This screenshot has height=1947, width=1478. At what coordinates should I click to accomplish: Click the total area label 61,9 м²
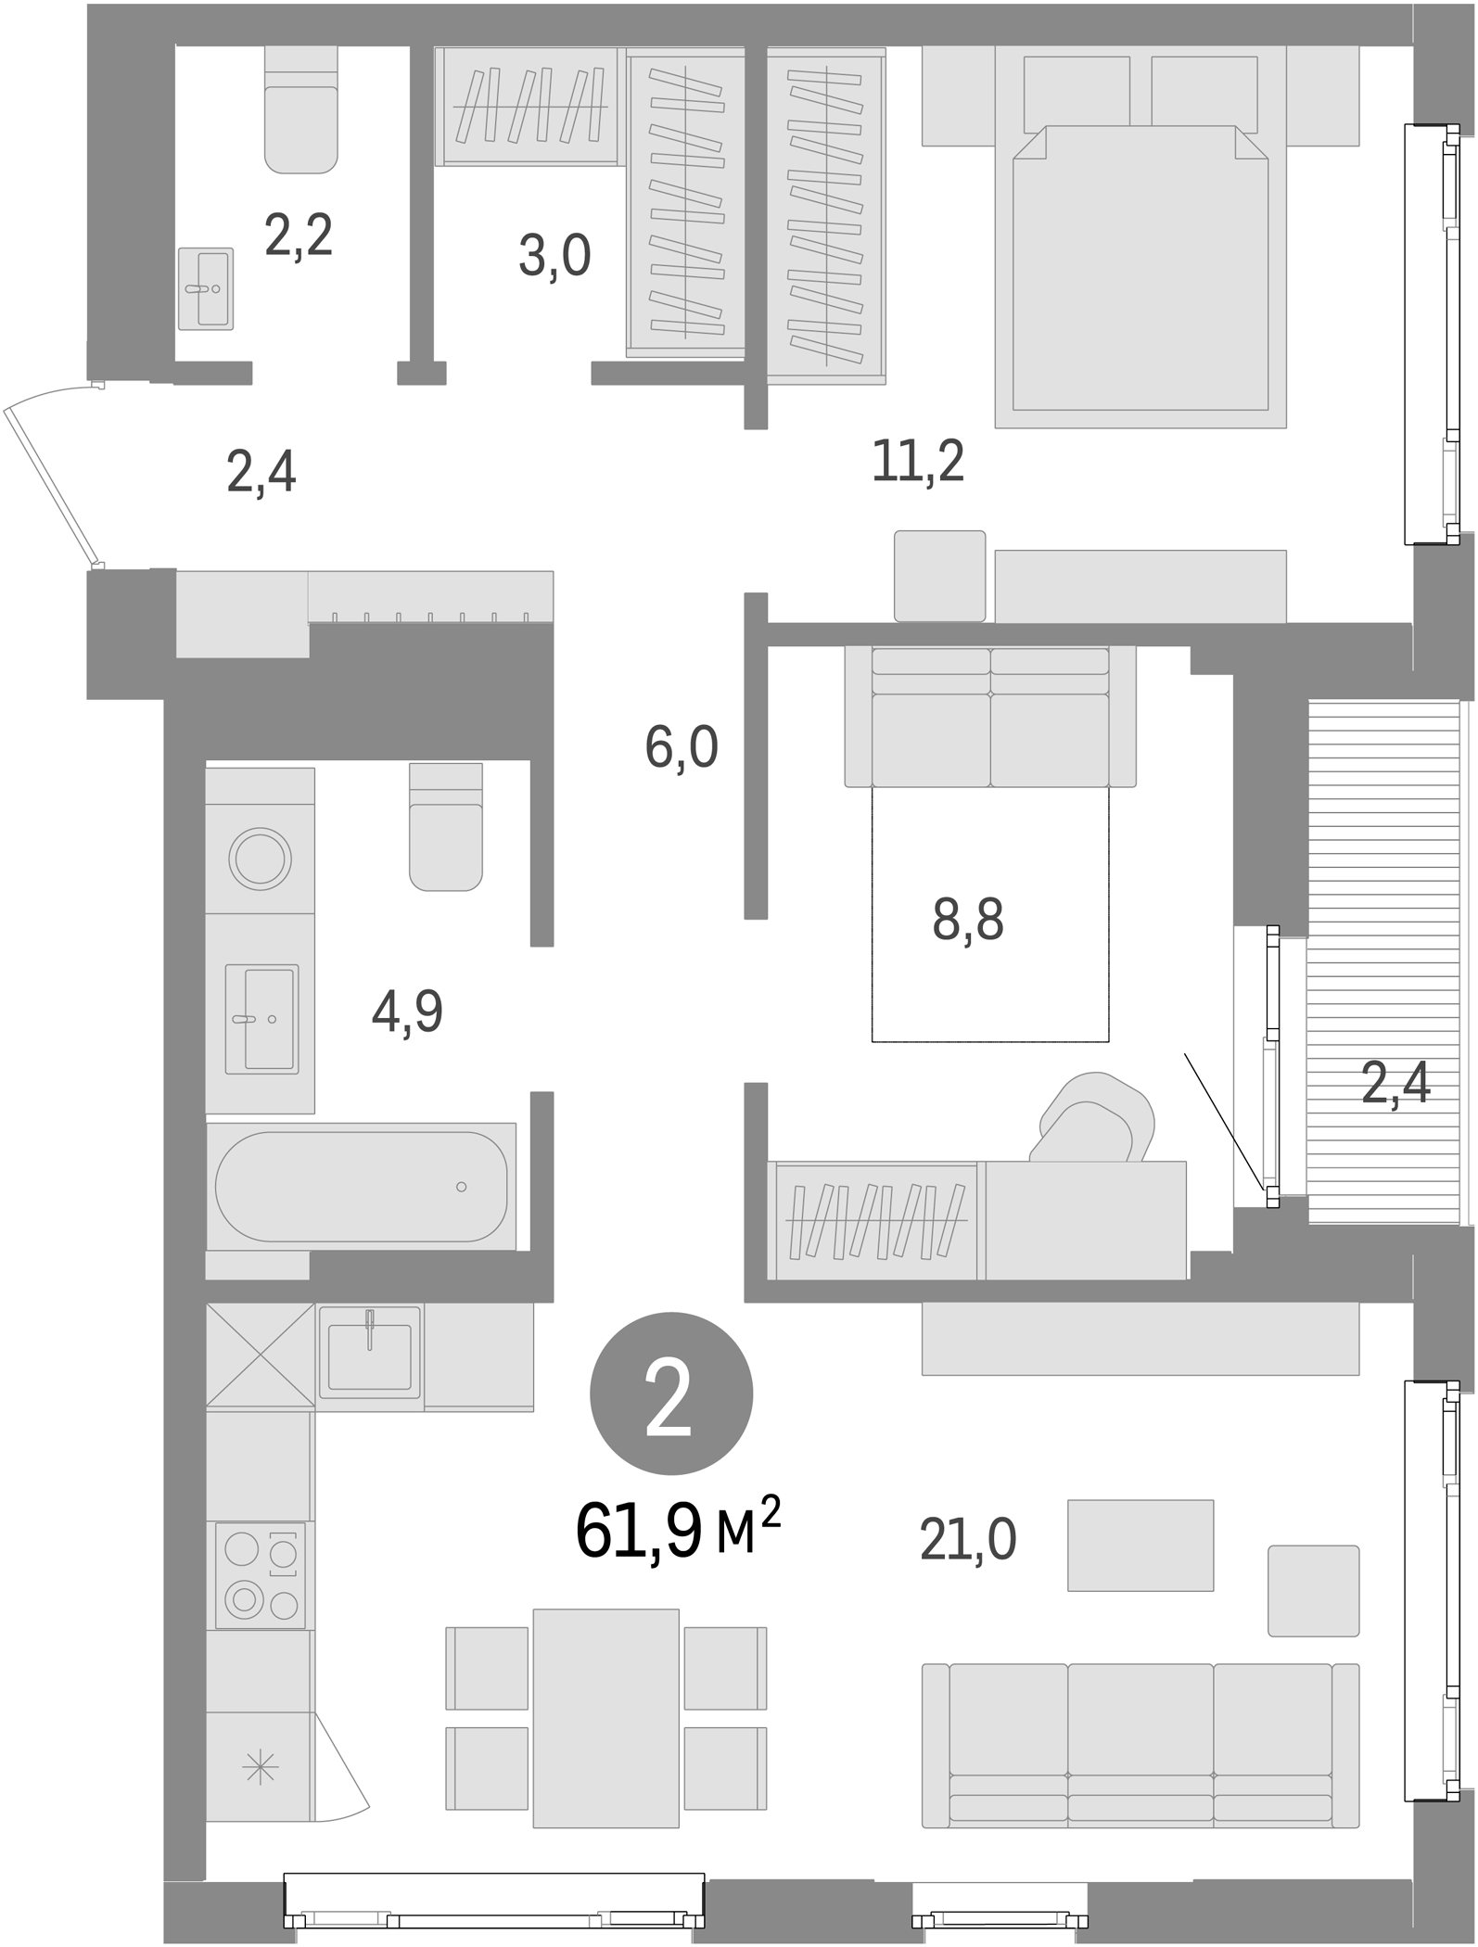coord(677,1532)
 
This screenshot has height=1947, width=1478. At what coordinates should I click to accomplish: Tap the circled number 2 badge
coord(670,1393)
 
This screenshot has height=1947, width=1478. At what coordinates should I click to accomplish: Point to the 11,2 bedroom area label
coord(917,462)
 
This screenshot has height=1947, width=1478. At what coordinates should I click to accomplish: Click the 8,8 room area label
coord(967,921)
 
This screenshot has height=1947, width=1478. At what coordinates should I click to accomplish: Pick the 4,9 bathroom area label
coord(406,1012)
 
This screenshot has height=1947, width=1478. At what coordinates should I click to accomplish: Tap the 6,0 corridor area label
coord(681,747)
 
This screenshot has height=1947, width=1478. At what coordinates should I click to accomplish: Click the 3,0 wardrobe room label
coord(554,256)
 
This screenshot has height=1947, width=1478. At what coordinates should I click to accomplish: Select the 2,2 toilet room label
coord(298,235)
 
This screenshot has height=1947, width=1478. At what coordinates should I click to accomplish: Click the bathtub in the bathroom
coord(361,1186)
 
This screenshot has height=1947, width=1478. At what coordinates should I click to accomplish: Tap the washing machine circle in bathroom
coord(261,859)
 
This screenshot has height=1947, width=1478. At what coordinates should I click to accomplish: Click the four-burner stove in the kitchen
coord(260,1575)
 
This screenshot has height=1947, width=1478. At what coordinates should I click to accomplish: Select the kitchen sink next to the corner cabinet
coord(369,1356)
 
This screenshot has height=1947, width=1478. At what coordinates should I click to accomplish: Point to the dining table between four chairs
coord(605,1718)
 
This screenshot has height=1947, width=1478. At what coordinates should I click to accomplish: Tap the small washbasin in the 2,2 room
coord(206,288)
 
